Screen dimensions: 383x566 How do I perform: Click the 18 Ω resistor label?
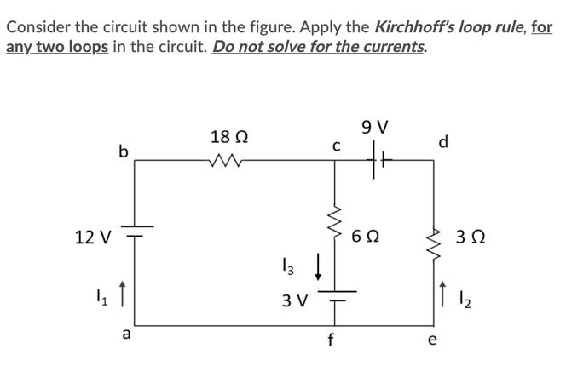tap(229, 136)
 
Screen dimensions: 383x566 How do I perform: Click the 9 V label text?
tap(375, 129)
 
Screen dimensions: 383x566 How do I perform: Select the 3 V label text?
tap(297, 300)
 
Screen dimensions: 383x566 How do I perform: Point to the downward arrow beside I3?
tap(318, 272)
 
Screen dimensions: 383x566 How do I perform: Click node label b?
tap(123, 151)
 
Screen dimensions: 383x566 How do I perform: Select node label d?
tap(443, 141)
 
